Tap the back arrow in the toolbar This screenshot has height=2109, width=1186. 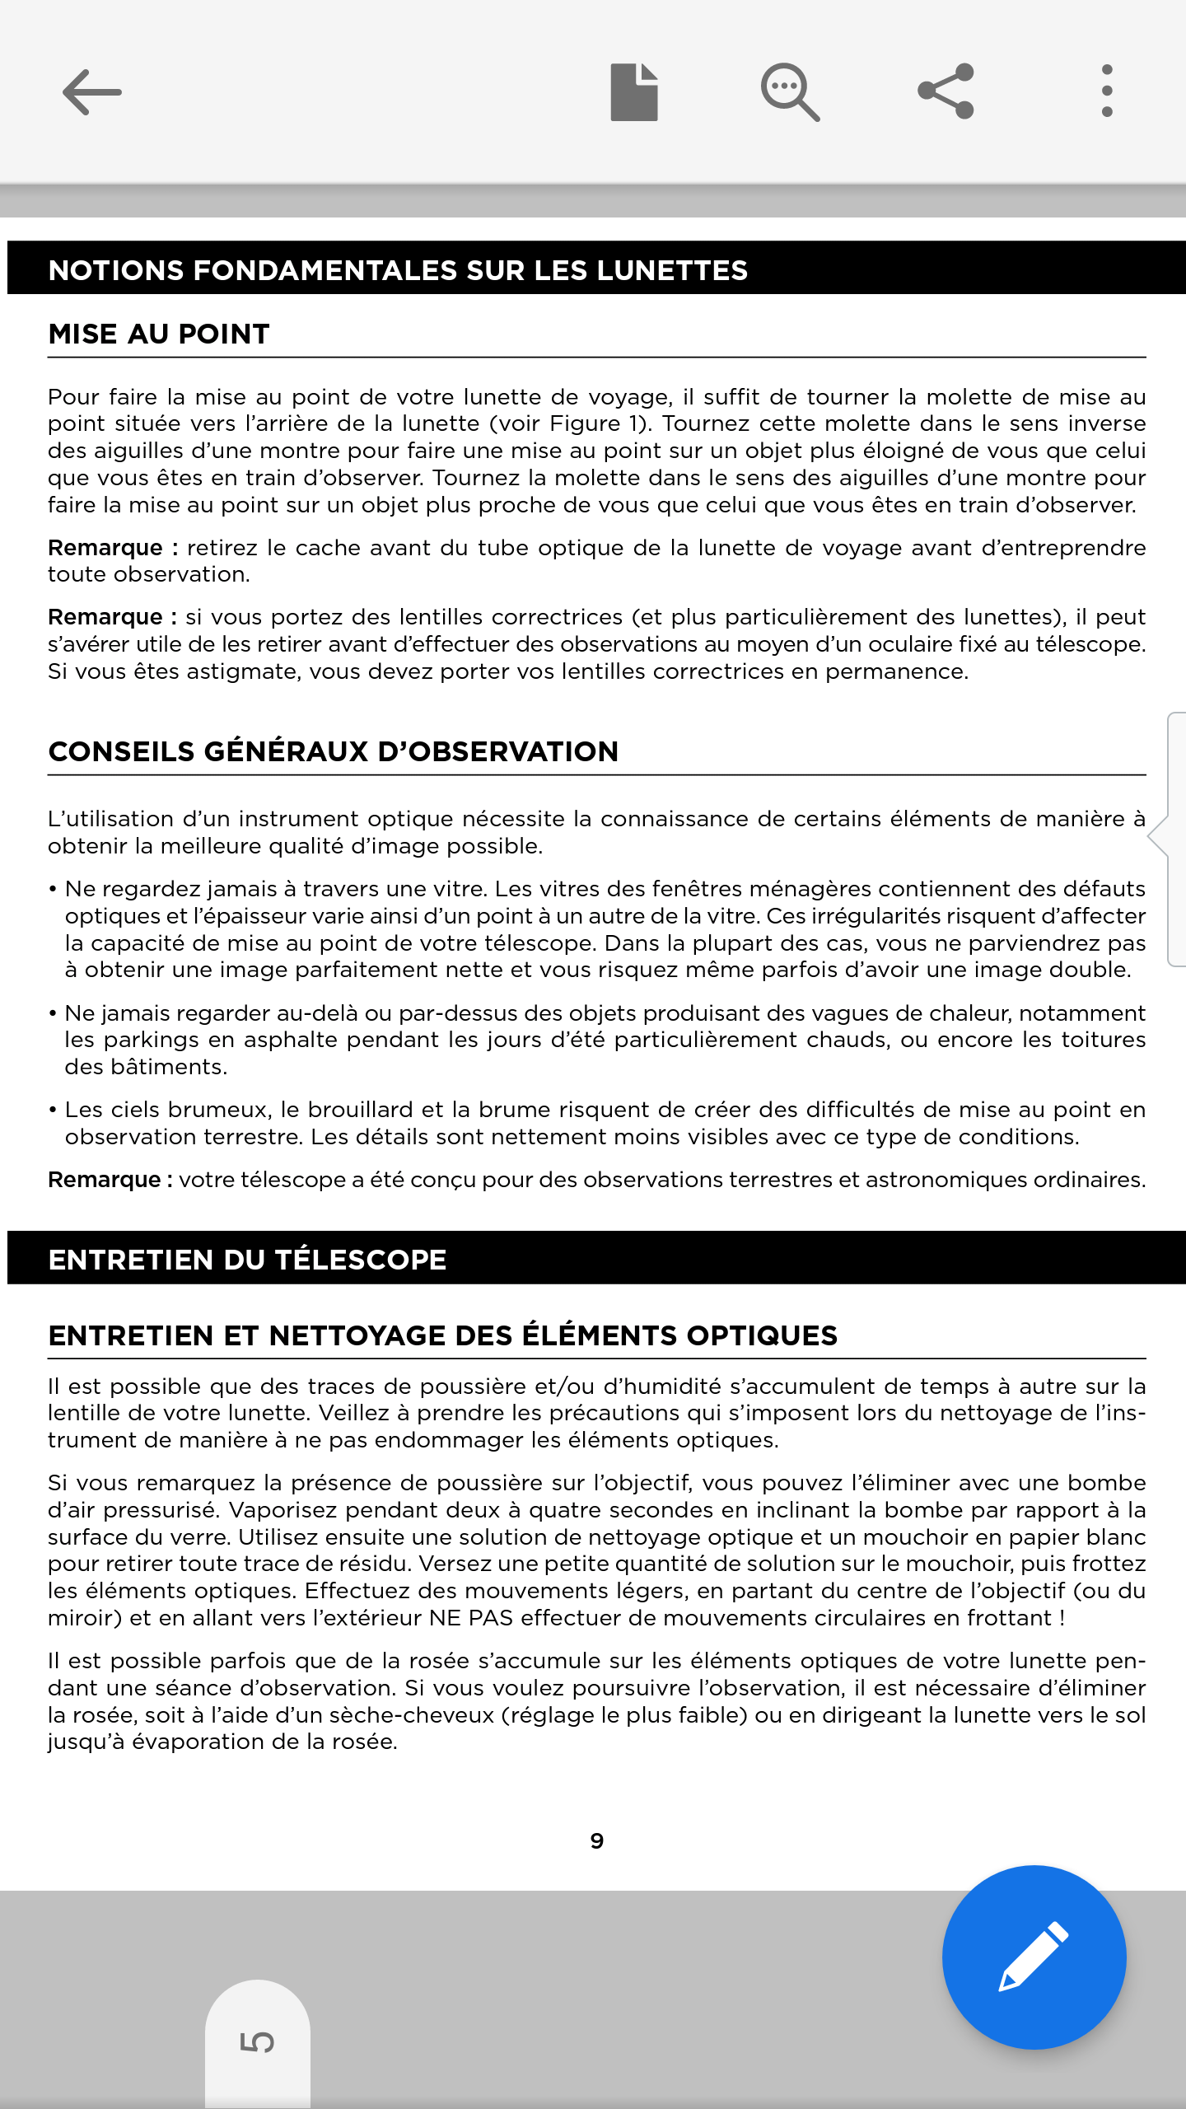coord(91,92)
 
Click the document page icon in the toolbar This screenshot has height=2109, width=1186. coord(633,92)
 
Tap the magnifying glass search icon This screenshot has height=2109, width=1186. coord(789,92)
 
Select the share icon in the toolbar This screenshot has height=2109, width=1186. coord(946,91)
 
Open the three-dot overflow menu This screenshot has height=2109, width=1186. coord(1107,91)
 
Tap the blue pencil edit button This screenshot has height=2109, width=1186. coord(1034,1957)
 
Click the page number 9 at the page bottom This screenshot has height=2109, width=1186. coord(597,1841)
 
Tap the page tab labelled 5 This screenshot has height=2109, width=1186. coord(257,2041)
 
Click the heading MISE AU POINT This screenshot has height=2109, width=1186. coord(159,334)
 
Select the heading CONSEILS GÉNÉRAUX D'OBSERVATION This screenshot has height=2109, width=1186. coord(334,752)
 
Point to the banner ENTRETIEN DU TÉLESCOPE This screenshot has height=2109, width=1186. coord(247,1260)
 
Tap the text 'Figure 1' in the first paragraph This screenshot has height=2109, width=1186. coord(596,424)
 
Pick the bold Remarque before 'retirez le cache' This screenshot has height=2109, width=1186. coord(105,548)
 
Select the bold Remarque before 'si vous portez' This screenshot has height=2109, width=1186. coord(105,617)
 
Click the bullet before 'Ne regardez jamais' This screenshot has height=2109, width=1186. coord(53,890)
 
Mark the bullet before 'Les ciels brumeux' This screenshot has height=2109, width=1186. coord(53,1111)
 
